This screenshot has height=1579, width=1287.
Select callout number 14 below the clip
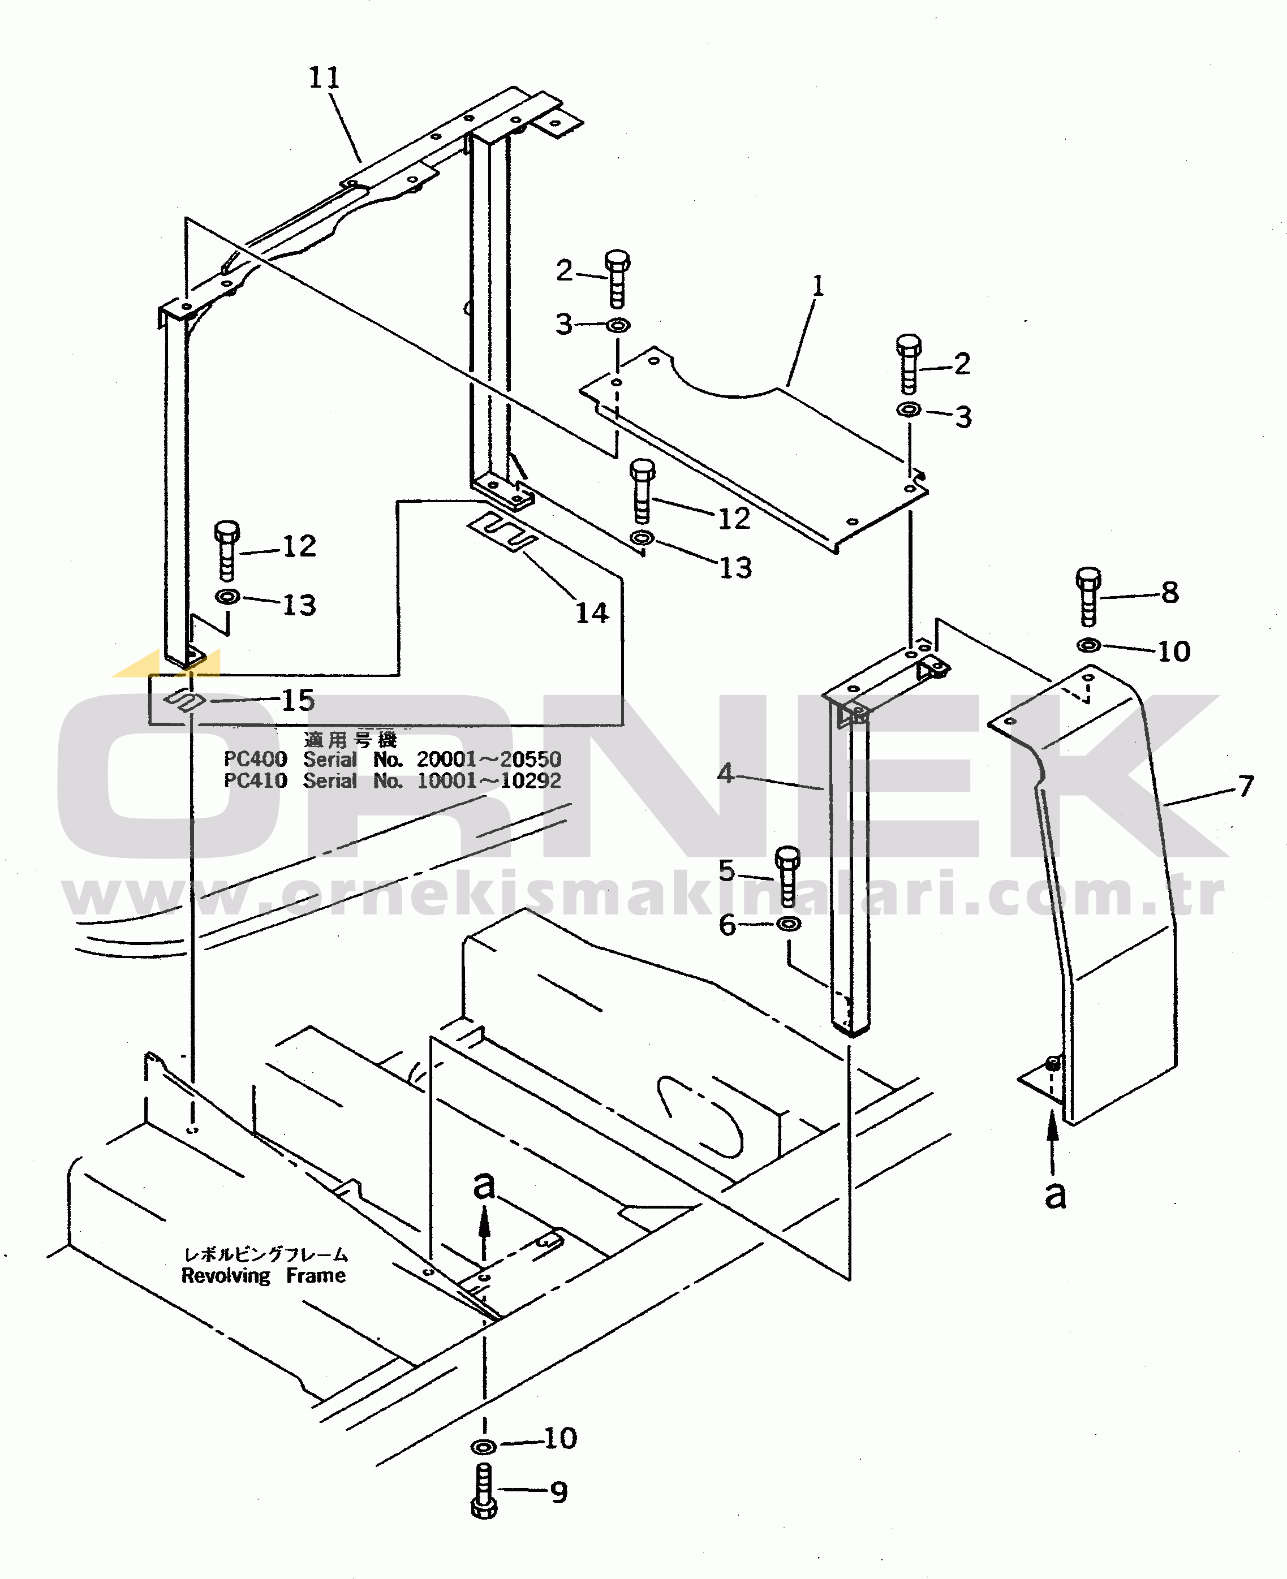pos(592,613)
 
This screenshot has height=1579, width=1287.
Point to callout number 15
pos(298,700)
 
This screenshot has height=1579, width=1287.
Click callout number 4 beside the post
pos(725,773)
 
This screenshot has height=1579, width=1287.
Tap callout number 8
pos(1170,593)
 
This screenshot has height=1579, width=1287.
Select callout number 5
pos(726,870)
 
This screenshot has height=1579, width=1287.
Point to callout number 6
pos(728,925)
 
